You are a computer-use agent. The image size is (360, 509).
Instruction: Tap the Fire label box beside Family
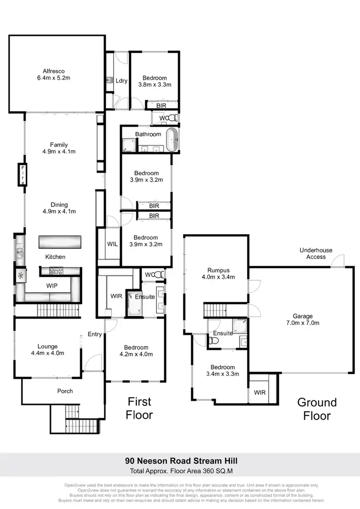[x=22, y=175]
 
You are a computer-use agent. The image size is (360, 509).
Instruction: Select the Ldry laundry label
[x=121, y=81]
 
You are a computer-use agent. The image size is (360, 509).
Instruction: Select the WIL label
[x=112, y=244]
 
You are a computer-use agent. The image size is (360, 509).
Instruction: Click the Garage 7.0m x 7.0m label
[x=303, y=320]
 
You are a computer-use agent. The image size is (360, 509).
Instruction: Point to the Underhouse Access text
[x=316, y=253]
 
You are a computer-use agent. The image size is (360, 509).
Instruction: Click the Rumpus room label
[x=217, y=273]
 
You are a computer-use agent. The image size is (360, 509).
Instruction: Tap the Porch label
[x=65, y=391]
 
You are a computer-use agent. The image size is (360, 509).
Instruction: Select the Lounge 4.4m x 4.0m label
[x=48, y=350]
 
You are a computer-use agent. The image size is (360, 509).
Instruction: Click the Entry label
[x=95, y=334]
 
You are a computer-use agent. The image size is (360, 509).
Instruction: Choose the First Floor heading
[x=139, y=408]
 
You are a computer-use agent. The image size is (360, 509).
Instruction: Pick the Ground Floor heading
[x=317, y=409]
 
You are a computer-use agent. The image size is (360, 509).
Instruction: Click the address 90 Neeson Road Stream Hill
[x=181, y=461]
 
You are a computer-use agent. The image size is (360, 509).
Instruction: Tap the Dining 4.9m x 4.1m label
[x=60, y=208]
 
